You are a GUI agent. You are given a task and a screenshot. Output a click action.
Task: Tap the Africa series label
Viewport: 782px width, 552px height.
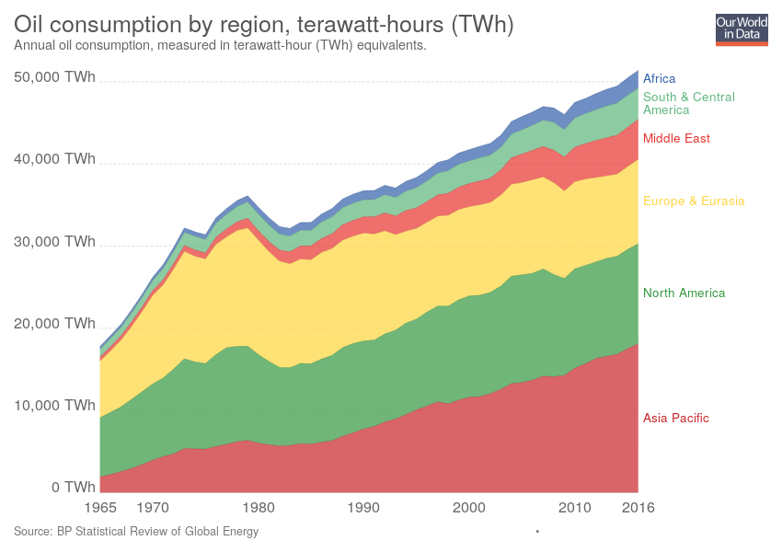coord(660,79)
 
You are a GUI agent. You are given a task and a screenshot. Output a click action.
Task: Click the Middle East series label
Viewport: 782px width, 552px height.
coord(676,139)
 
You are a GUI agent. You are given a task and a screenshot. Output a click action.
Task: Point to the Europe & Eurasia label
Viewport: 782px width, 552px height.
coord(694,201)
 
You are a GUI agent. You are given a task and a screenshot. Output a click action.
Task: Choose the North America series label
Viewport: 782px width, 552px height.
coord(684,293)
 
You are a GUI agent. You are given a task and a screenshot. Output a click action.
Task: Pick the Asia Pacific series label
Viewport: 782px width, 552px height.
coord(676,419)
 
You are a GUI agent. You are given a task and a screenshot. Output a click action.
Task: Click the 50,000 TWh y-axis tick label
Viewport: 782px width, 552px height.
coord(54,78)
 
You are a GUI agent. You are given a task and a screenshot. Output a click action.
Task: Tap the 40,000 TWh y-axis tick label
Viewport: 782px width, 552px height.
coord(54,159)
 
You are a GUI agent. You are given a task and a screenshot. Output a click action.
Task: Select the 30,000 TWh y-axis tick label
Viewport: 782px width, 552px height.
coord(54,242)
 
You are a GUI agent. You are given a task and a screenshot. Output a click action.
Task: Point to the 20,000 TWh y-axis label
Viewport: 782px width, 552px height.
coord(54,324)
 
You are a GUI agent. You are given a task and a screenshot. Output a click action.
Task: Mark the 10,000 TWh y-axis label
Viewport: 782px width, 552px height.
coord(54,406)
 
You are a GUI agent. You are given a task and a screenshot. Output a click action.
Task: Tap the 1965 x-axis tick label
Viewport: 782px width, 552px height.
coord(101,507)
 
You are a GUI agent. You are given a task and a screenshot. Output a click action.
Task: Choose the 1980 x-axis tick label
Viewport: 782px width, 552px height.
coord(260,507)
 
